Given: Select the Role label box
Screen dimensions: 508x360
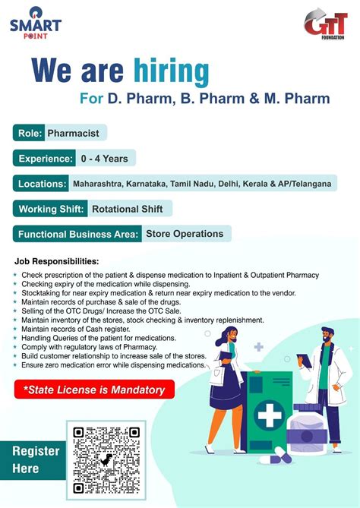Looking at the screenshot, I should pyautogui.click(x=28, y=133).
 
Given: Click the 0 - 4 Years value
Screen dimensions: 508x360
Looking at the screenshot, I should pyautogui.click(x=106, y=158).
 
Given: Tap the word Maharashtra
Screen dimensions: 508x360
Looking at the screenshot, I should pyautogui.click(x=102, y=183).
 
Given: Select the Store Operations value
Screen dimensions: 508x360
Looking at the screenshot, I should pyautogui.click(x=185, y=233).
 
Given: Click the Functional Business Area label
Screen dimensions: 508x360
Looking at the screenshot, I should pyautogui.click(x=77, y=233).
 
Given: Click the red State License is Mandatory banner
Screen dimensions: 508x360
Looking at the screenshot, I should pyautogui.click(x=94, y=390).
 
